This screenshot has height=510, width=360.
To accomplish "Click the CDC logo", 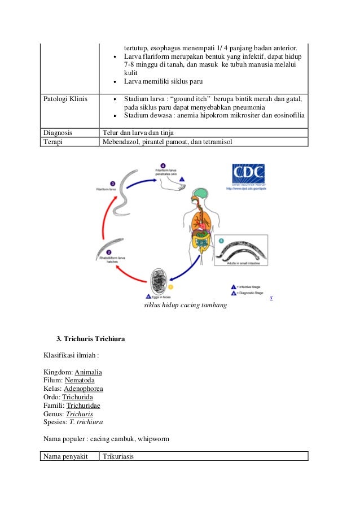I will point(248,173).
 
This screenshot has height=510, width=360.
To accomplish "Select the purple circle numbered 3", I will point(113,184).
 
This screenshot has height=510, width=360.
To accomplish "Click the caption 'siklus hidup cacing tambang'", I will point(186,305).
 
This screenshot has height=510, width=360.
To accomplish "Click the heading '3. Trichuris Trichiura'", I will point(90,339).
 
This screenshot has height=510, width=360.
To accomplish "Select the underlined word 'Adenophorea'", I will point(83,389).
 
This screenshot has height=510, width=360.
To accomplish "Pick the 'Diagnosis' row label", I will point(58,133).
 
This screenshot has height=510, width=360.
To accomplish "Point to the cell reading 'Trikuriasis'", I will point(118,456).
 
